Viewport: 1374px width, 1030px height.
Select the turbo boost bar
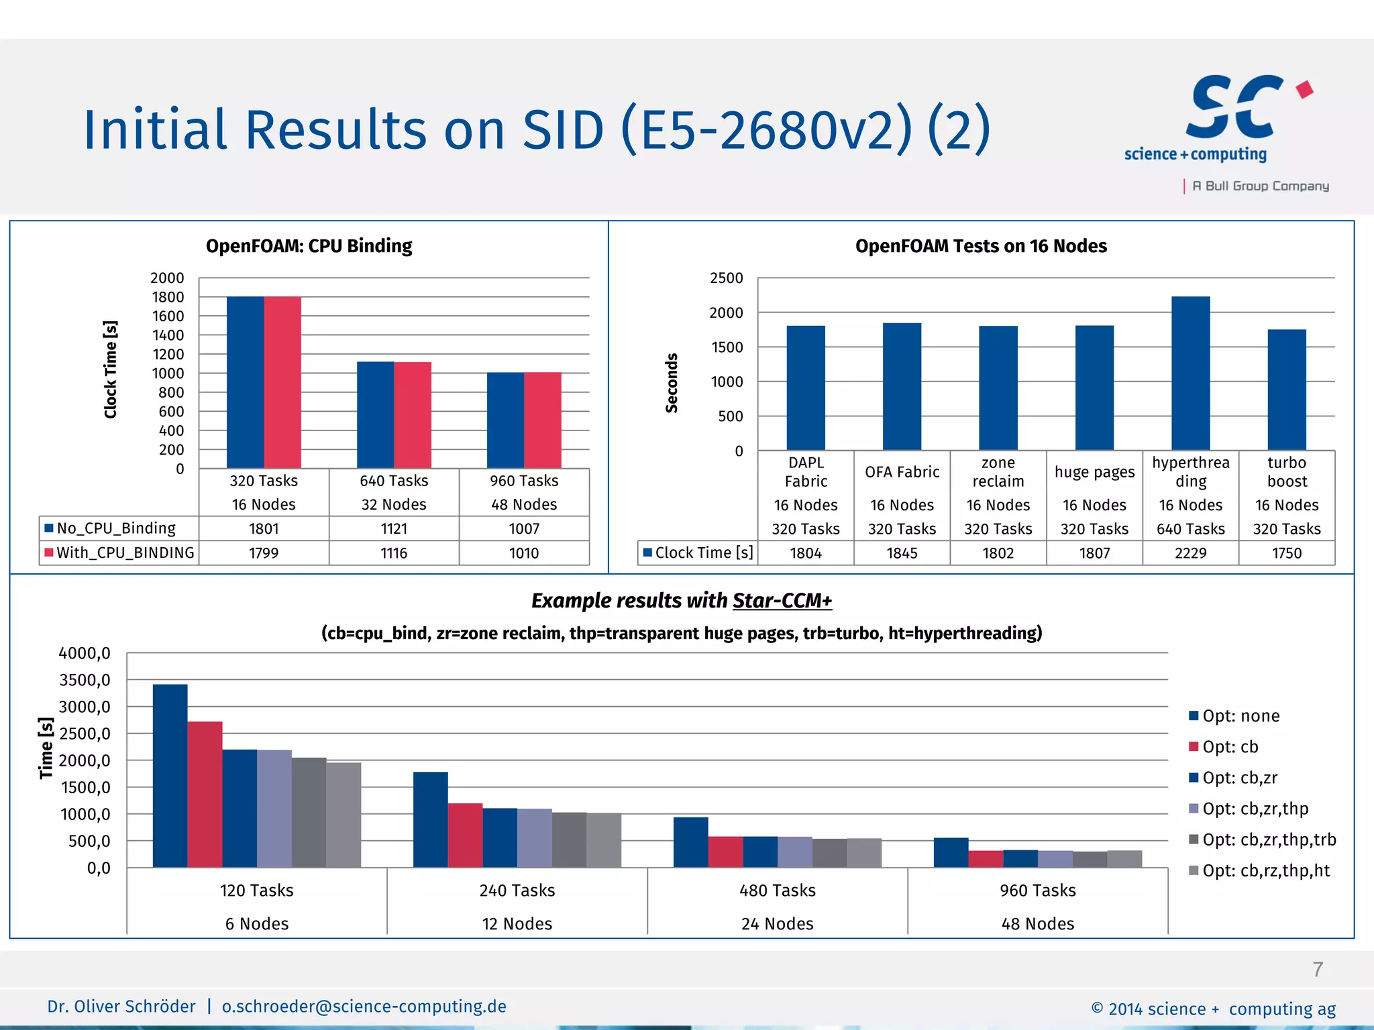point(1287,390)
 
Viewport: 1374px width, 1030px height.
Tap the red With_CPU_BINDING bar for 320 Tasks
point(282,382)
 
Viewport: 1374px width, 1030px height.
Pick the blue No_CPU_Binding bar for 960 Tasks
point(505,420)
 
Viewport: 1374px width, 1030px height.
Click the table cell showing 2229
point(1190,553)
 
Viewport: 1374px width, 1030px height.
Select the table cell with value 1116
point(394,553)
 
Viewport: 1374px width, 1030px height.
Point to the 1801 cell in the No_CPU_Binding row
point(264,529)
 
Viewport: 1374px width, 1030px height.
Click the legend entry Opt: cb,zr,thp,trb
point(1268,840)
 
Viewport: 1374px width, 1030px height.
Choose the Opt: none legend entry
point(1240,716)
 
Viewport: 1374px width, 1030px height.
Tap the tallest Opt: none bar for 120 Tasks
point(170,776)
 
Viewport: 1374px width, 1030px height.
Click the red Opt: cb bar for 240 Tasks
point(465,835)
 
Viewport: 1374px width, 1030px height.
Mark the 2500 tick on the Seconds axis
point(727,278)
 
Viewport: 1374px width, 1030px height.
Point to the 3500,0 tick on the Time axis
point(85,680)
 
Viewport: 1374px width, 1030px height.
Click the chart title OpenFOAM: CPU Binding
point(309,246)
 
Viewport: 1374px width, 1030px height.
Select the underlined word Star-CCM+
point(782,601)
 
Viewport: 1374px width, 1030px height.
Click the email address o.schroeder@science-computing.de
point(364,1007)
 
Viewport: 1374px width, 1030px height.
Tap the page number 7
point(1318,970)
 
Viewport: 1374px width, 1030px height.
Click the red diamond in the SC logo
point(1304,90)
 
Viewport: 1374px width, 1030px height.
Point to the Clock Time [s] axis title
point(111,369)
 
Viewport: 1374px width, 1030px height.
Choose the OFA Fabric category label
point(902,472)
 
